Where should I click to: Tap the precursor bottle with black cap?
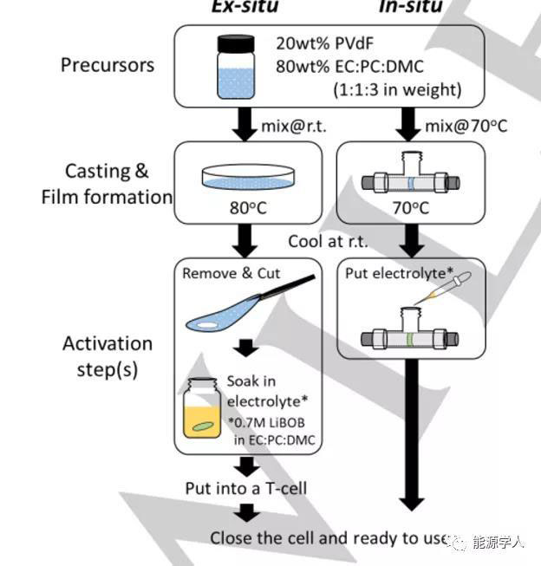(x=236, y=67)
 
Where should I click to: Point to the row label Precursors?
(x=108, y=65)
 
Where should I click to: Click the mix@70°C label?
(x=466, y=127)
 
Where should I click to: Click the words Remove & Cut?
(x=231, y=273)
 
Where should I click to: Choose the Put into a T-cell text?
(x=246, y=488)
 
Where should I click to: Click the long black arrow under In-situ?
(x=411, y=433)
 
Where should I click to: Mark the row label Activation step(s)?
(x=108, y=355)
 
